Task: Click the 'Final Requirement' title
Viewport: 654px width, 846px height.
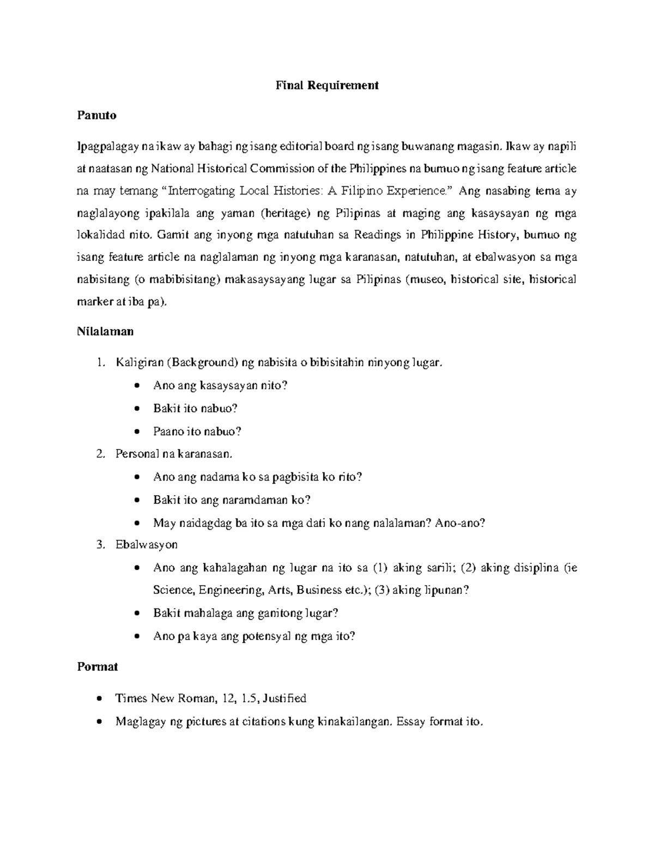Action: tap(327, 85)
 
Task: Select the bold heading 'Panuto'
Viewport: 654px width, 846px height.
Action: tap(96, 115)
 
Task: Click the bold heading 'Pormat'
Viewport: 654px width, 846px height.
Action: tap(98, 667)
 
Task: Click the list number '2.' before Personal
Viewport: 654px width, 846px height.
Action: tap(100, 453)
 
